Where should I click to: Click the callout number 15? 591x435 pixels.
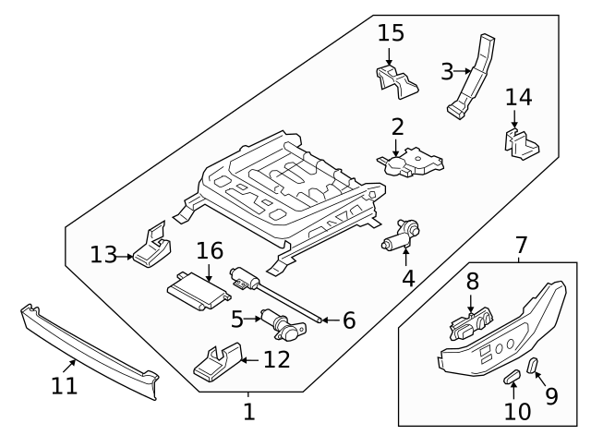point(392,33)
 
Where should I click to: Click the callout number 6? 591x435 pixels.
point(349,320)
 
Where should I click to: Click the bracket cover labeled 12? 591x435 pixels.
point(217,361)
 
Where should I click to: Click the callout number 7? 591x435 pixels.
point(521,247)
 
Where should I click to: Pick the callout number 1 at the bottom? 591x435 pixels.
point(248,411)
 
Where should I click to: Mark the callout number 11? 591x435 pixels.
point(64,386)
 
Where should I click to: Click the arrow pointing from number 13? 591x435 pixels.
point(127,255)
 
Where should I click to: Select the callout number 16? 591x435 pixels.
point(210,249)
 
